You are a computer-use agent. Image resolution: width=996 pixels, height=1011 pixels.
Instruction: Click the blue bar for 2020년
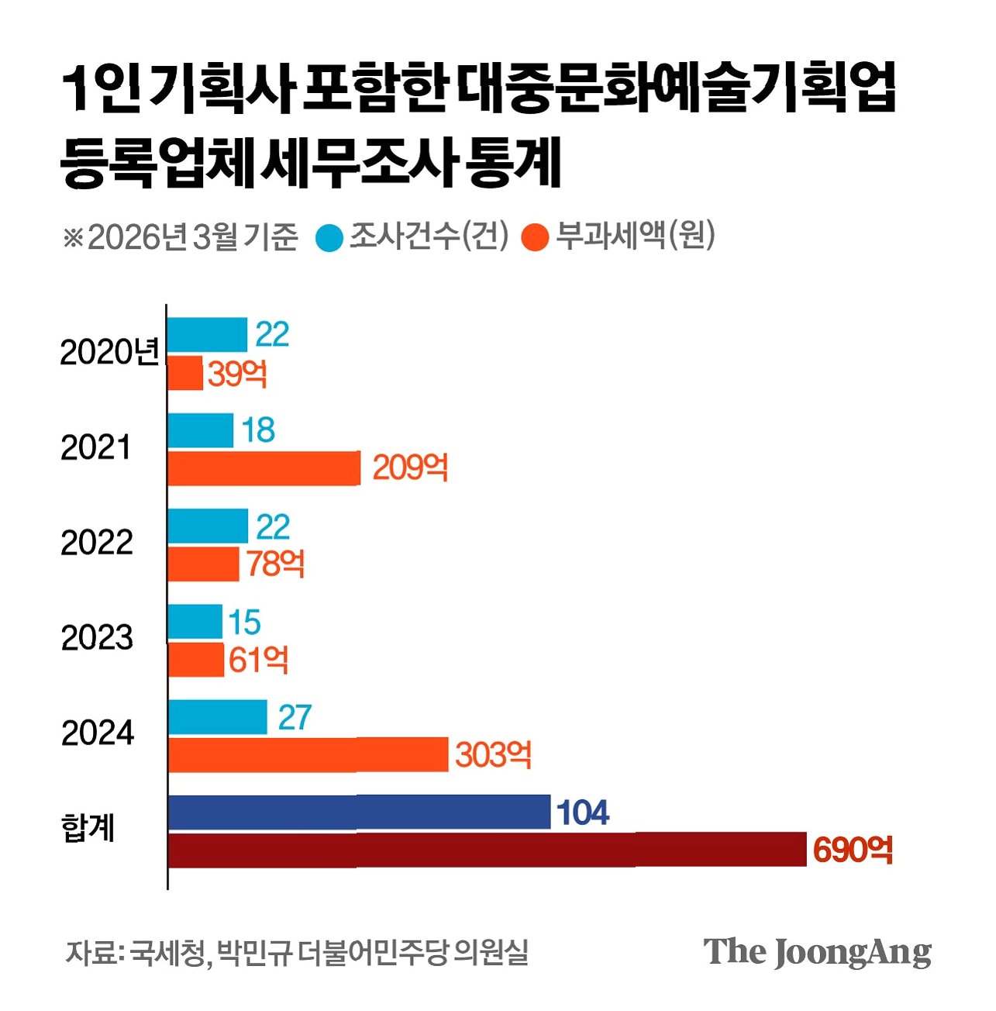click(207, 335)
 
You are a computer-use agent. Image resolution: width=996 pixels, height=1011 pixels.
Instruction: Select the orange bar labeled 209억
click(264, 468)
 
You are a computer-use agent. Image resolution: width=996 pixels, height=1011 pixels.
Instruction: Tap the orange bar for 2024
click(308, 754)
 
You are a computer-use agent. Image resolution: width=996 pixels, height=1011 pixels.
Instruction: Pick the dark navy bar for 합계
click(359, 813)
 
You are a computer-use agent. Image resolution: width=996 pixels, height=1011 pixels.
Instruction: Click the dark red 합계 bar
click(487, 850)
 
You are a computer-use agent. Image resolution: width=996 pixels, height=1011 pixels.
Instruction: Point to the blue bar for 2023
click(195, 622)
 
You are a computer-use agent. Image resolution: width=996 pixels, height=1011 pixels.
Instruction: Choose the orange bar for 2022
click(203, 564)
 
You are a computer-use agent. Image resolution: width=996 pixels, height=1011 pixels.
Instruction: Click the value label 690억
click(853, 850)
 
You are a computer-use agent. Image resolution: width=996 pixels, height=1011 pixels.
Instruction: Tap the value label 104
click(583, 813)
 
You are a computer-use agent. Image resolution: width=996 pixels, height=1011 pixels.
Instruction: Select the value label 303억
click(493, 754)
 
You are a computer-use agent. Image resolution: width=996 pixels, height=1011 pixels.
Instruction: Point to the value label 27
click(295, 717)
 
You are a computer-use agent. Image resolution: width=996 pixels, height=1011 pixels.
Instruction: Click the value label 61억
click(258, 660)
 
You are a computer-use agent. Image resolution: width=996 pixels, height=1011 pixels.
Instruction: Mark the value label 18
click(258, 430)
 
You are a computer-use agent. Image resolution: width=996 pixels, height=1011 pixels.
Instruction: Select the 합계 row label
click(88, 829)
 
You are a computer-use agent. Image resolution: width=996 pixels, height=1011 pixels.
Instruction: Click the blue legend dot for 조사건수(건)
click(329, 238)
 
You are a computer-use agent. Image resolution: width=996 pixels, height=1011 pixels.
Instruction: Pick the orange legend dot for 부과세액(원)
click(536, 238)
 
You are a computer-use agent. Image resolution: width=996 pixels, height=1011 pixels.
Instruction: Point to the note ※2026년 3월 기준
click(180, 237)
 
